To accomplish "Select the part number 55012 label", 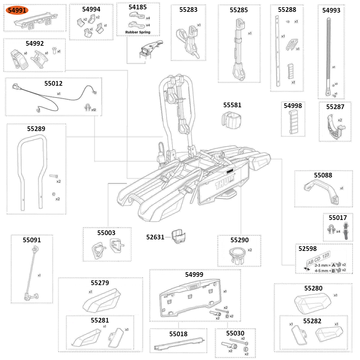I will click(53, 84).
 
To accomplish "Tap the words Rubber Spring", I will click(138, 32).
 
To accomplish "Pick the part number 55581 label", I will click(232, 105).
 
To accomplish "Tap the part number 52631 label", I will click(155, 237).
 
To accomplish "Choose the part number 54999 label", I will click(194, 274).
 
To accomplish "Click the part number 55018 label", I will click(178, 334).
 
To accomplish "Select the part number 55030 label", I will click(235, 333).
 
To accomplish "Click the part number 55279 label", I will click(100, 283).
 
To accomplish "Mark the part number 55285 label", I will click(239, 10).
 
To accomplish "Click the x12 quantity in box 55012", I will click(93, 109).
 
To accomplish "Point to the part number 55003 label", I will click(106, 233).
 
